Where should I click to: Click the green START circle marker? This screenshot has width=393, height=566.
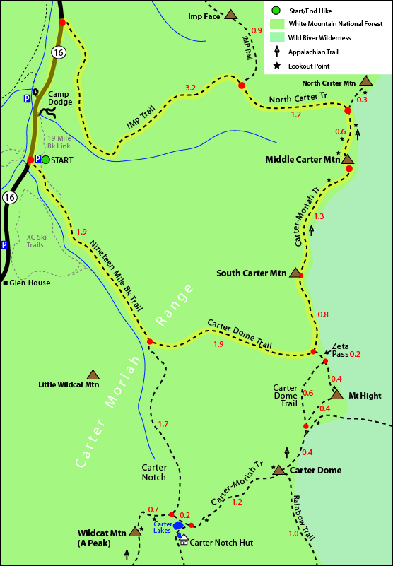point(46,160)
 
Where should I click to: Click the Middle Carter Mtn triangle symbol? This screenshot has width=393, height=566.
point(347,159)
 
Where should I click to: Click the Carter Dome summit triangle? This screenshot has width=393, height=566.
point(278,470)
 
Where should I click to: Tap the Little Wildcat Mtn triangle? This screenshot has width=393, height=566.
point(92,375)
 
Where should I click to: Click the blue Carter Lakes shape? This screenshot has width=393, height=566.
point(179,526)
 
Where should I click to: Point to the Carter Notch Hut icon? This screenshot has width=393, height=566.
point(184,539)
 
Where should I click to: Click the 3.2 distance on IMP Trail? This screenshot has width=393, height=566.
point(190,88)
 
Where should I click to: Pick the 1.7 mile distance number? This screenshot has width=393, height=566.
point(163,424)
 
